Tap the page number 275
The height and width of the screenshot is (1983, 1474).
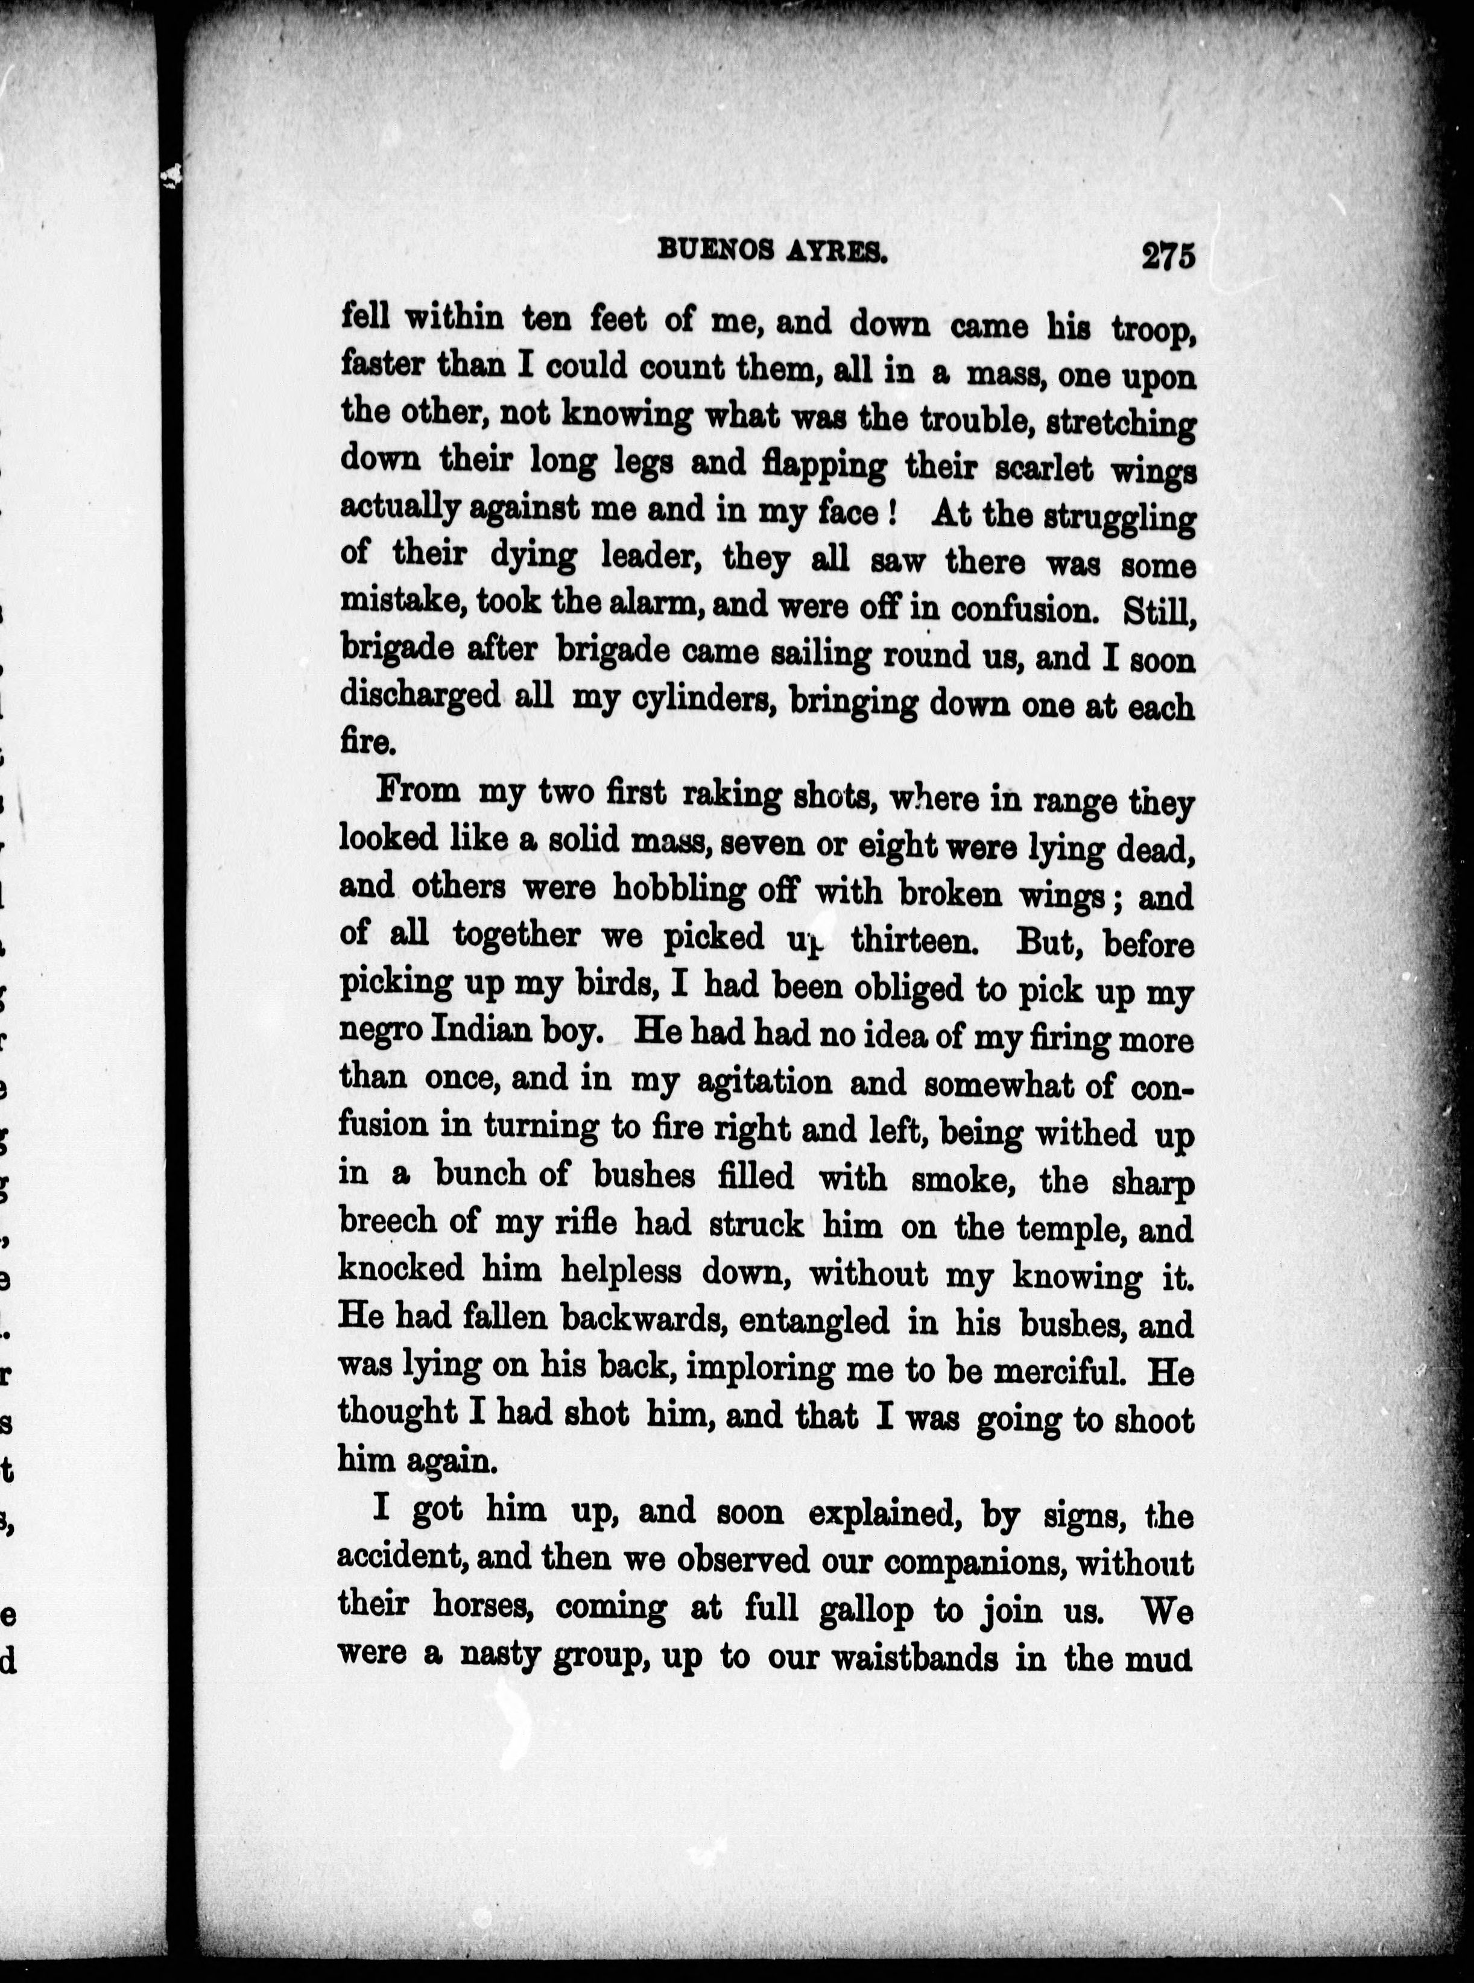(x=1166, y=255)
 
